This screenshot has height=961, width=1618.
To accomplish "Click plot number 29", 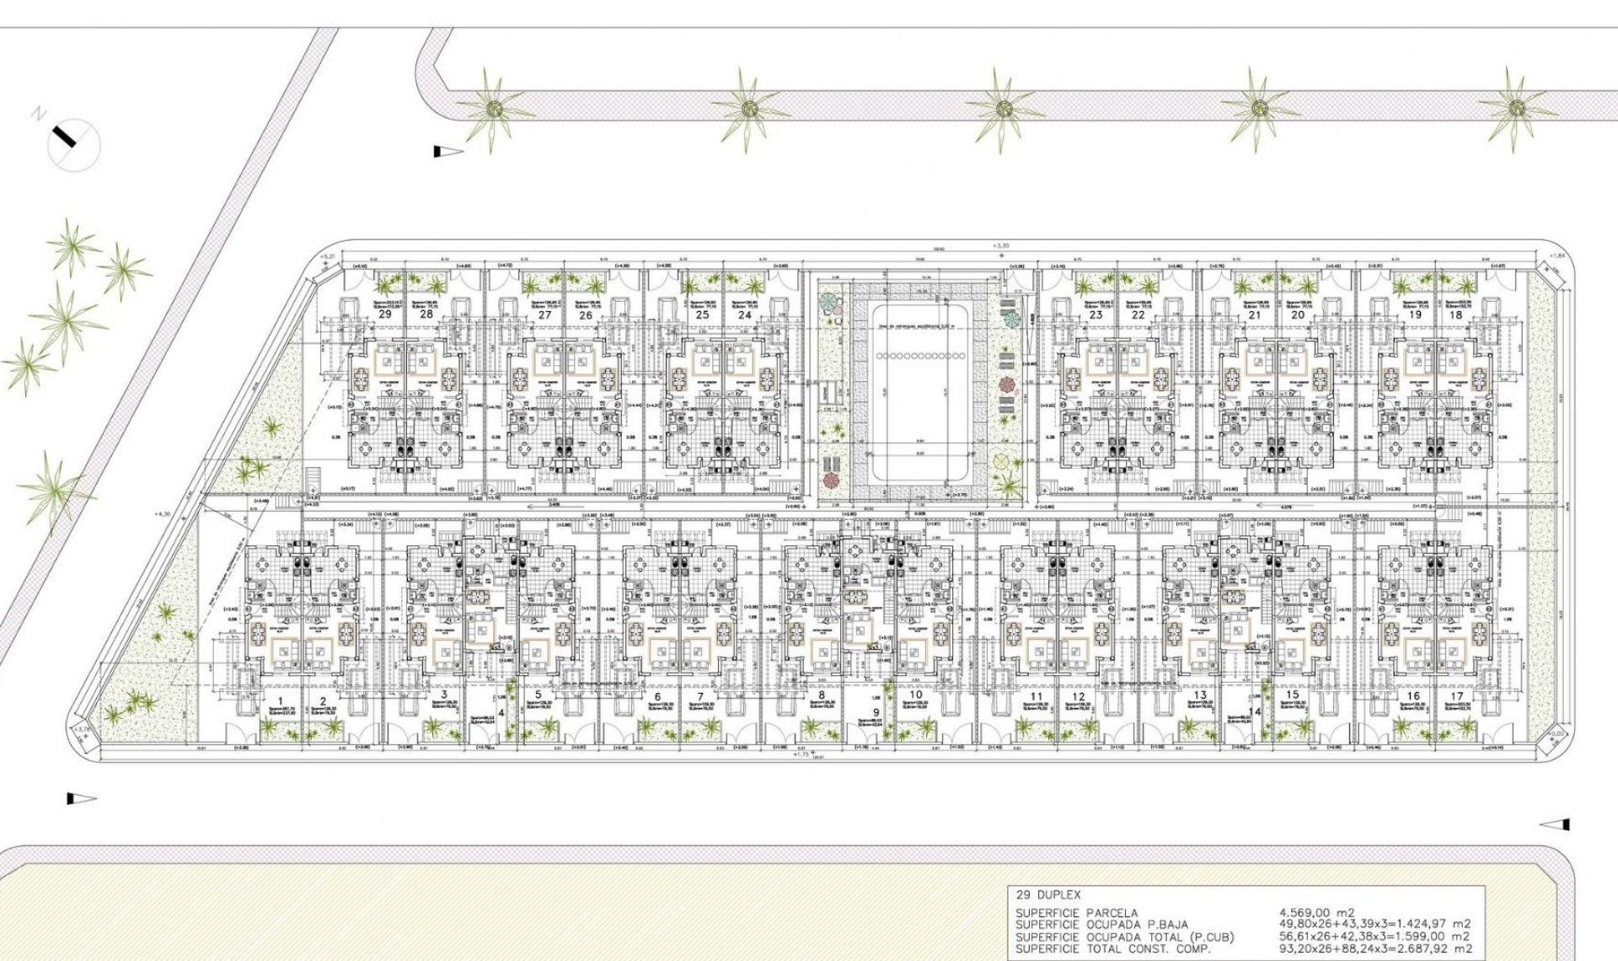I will (385, 314).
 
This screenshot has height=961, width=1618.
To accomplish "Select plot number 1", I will (281, 700).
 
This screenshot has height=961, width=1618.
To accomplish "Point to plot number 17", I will (1456, 696).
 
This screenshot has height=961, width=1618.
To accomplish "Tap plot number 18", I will (1455, 314).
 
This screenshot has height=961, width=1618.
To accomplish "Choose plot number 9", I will (876, 712).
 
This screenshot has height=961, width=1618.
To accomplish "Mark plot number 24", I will (744, 315).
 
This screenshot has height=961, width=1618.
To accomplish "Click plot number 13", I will (1200, 696).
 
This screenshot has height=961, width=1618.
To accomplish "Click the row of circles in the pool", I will (922, 357).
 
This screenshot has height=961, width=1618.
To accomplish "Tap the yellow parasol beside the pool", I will (1001, 460).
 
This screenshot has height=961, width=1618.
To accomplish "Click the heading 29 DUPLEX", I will (1048, 895).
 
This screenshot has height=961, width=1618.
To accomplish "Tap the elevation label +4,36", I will (163, 513).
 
